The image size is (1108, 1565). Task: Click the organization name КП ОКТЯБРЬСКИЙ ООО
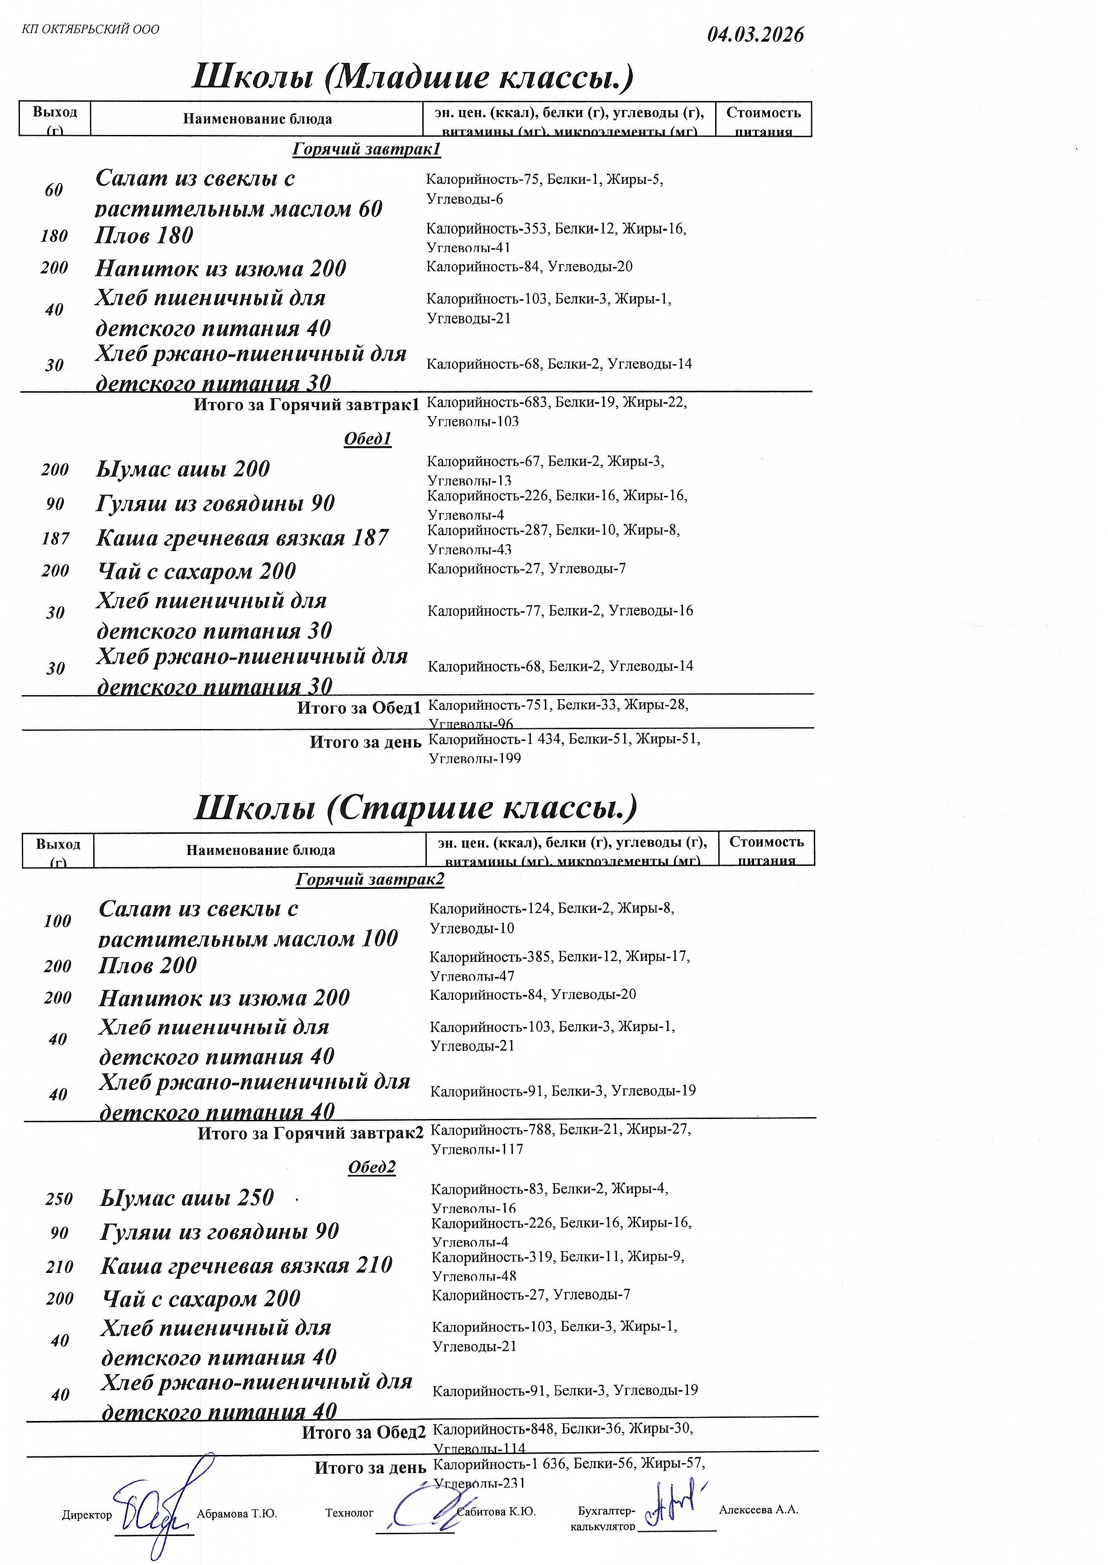tap(91, 29)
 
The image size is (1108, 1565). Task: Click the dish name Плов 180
tap(144, 235)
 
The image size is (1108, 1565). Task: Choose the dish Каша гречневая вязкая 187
tap(242, 538)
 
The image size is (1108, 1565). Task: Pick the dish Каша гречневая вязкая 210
tap(246, 1265)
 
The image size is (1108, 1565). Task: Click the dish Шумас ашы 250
tap(187, 1198)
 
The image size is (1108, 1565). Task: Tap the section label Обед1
tap(368, 439)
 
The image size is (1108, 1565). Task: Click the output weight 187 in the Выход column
tap(55, 539)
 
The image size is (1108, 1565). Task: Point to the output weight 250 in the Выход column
tap(59, 1199)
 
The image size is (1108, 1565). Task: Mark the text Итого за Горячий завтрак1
tap(306, 405)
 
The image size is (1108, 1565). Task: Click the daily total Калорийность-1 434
tap(495, 739)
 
